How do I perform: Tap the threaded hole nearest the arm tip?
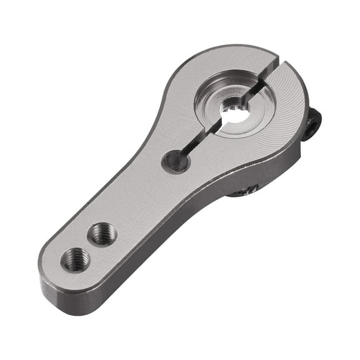76,259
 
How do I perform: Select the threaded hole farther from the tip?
101,234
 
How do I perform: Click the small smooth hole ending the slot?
176,162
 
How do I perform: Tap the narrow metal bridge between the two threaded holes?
88,246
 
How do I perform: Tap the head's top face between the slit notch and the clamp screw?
294,81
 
